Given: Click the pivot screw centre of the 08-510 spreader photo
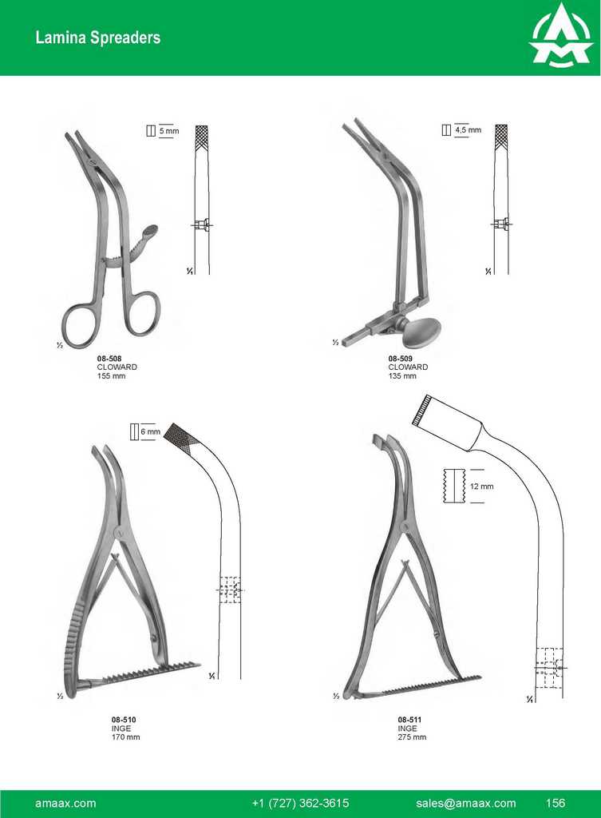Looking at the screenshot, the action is click(119, 533).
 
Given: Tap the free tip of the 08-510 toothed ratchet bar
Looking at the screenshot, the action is click(200, 665).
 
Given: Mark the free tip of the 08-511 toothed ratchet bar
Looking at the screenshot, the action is click(480, 677).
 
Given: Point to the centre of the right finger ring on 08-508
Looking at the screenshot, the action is click(141, 313).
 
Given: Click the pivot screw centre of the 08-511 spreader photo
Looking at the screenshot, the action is click(405, 527).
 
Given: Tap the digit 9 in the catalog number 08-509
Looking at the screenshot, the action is click(410, 359).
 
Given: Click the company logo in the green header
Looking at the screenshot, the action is click(561, 37).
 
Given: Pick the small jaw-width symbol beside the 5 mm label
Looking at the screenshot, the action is click(151, 130).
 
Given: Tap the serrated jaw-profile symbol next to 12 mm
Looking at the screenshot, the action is click(453, 486).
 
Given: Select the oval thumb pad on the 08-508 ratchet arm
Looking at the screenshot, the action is click(150, 231).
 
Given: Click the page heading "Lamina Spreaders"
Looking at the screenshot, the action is click(98, 38).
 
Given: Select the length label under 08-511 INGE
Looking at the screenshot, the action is click(412, 737).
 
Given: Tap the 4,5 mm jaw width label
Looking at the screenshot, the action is click(468, 129).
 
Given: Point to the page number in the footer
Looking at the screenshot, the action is click(556, 803).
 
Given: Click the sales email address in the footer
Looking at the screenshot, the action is click(466, 804).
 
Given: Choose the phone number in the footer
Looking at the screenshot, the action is click(300, 804).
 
